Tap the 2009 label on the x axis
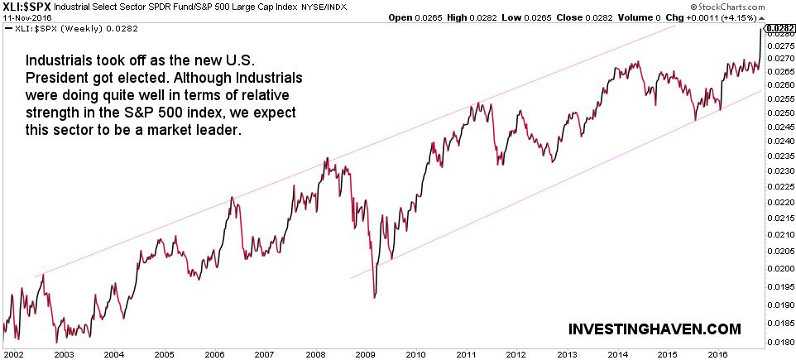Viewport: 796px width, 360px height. tap(364, 353)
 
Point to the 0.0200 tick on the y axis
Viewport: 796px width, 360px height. tap(778, 269)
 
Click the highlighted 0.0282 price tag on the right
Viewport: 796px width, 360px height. tap(778, 29)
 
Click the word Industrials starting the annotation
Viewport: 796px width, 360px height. tap(57, 61)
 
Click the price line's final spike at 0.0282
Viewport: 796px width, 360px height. tap(761, 30)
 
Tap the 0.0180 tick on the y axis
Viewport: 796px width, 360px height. tap(778, 339)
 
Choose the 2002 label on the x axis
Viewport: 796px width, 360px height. tap(13, 353)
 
